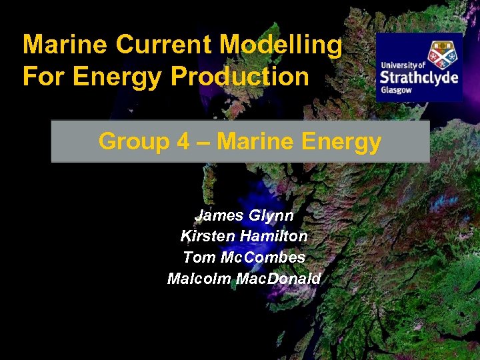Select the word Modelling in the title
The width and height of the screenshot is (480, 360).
[281, 45]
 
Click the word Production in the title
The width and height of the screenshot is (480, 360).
[240, 77]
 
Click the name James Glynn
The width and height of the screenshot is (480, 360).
[243, 216]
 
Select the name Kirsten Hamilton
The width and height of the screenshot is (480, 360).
[243, 237]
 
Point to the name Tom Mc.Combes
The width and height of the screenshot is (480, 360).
[243, 257]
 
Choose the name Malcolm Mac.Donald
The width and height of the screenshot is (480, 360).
[243, 278]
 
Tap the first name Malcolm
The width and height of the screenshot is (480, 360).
[199, 278]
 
